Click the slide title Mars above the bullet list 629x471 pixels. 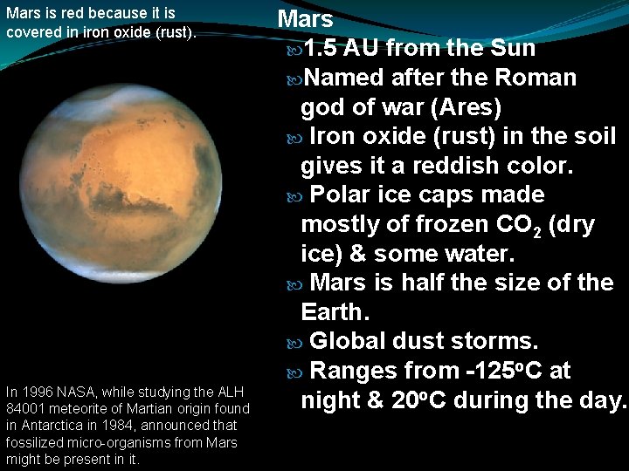pos(306,18)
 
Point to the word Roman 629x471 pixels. pos(536,78)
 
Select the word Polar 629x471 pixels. pos(345,195)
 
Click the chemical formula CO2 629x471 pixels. pos(515,225)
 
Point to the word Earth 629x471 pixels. pos(331,312)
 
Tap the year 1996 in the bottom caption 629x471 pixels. pos(33,391)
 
